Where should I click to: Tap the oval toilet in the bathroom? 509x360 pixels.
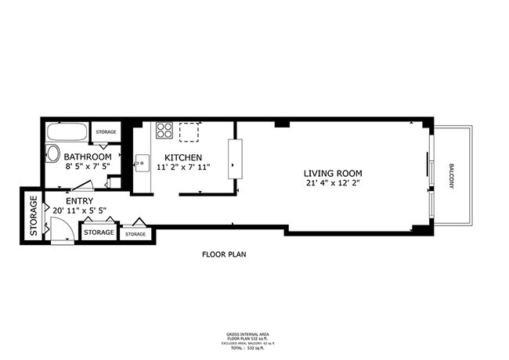pyautogui.click(x=52, y=153)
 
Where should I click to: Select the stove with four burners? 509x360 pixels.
pyautogui.click(x=164, y=131)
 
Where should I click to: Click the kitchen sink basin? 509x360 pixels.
pyautogui.click(x=142, y=164)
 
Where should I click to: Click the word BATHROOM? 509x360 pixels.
pyautogui.click(x=88, y=157)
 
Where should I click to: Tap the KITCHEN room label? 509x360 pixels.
pyautogui.click(x=183, y=157)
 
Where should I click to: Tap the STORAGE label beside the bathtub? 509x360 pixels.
pyautogui.click(x=106, y=132)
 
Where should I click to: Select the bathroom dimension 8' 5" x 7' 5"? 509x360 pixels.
pyautogui.click(x=87, y=167)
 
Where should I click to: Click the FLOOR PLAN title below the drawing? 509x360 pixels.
pyautogui.click(x=225, y=254)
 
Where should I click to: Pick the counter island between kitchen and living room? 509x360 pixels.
pyautogui.click(x=233, y=157)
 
